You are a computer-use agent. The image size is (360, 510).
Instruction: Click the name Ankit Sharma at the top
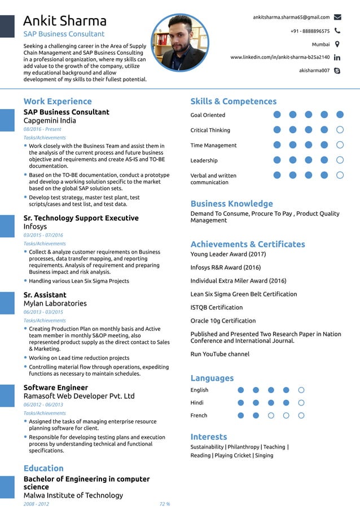[65, 21]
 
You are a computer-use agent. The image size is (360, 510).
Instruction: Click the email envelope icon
[337, 18]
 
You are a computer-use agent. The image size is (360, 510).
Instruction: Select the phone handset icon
[337, 31]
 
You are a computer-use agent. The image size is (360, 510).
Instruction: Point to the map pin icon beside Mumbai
[337, 44]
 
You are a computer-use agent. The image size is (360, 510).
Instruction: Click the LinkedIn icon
[337, 58]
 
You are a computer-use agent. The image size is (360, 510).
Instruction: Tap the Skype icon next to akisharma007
[337, 71]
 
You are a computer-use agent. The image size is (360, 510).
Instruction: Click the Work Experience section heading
[58, 102]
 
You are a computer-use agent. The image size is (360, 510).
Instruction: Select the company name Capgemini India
[50, 120]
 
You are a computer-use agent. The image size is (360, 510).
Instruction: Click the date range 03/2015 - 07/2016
[43, 235]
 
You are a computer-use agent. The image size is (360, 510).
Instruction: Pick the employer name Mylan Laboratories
[55, 303]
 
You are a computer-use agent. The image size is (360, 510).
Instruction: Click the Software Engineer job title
[56, 387]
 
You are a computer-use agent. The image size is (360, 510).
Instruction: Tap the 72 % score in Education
[165, 504]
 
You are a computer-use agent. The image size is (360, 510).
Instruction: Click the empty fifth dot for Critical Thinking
[340, 130]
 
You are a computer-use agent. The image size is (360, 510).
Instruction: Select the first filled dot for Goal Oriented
[277, 115]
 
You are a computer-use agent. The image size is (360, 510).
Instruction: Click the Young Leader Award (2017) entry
[228, 254]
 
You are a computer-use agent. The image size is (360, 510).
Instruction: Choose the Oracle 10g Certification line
[223, 321]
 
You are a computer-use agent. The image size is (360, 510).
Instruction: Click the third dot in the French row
[271, 416]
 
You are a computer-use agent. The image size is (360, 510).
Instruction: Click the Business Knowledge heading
[231, 204]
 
